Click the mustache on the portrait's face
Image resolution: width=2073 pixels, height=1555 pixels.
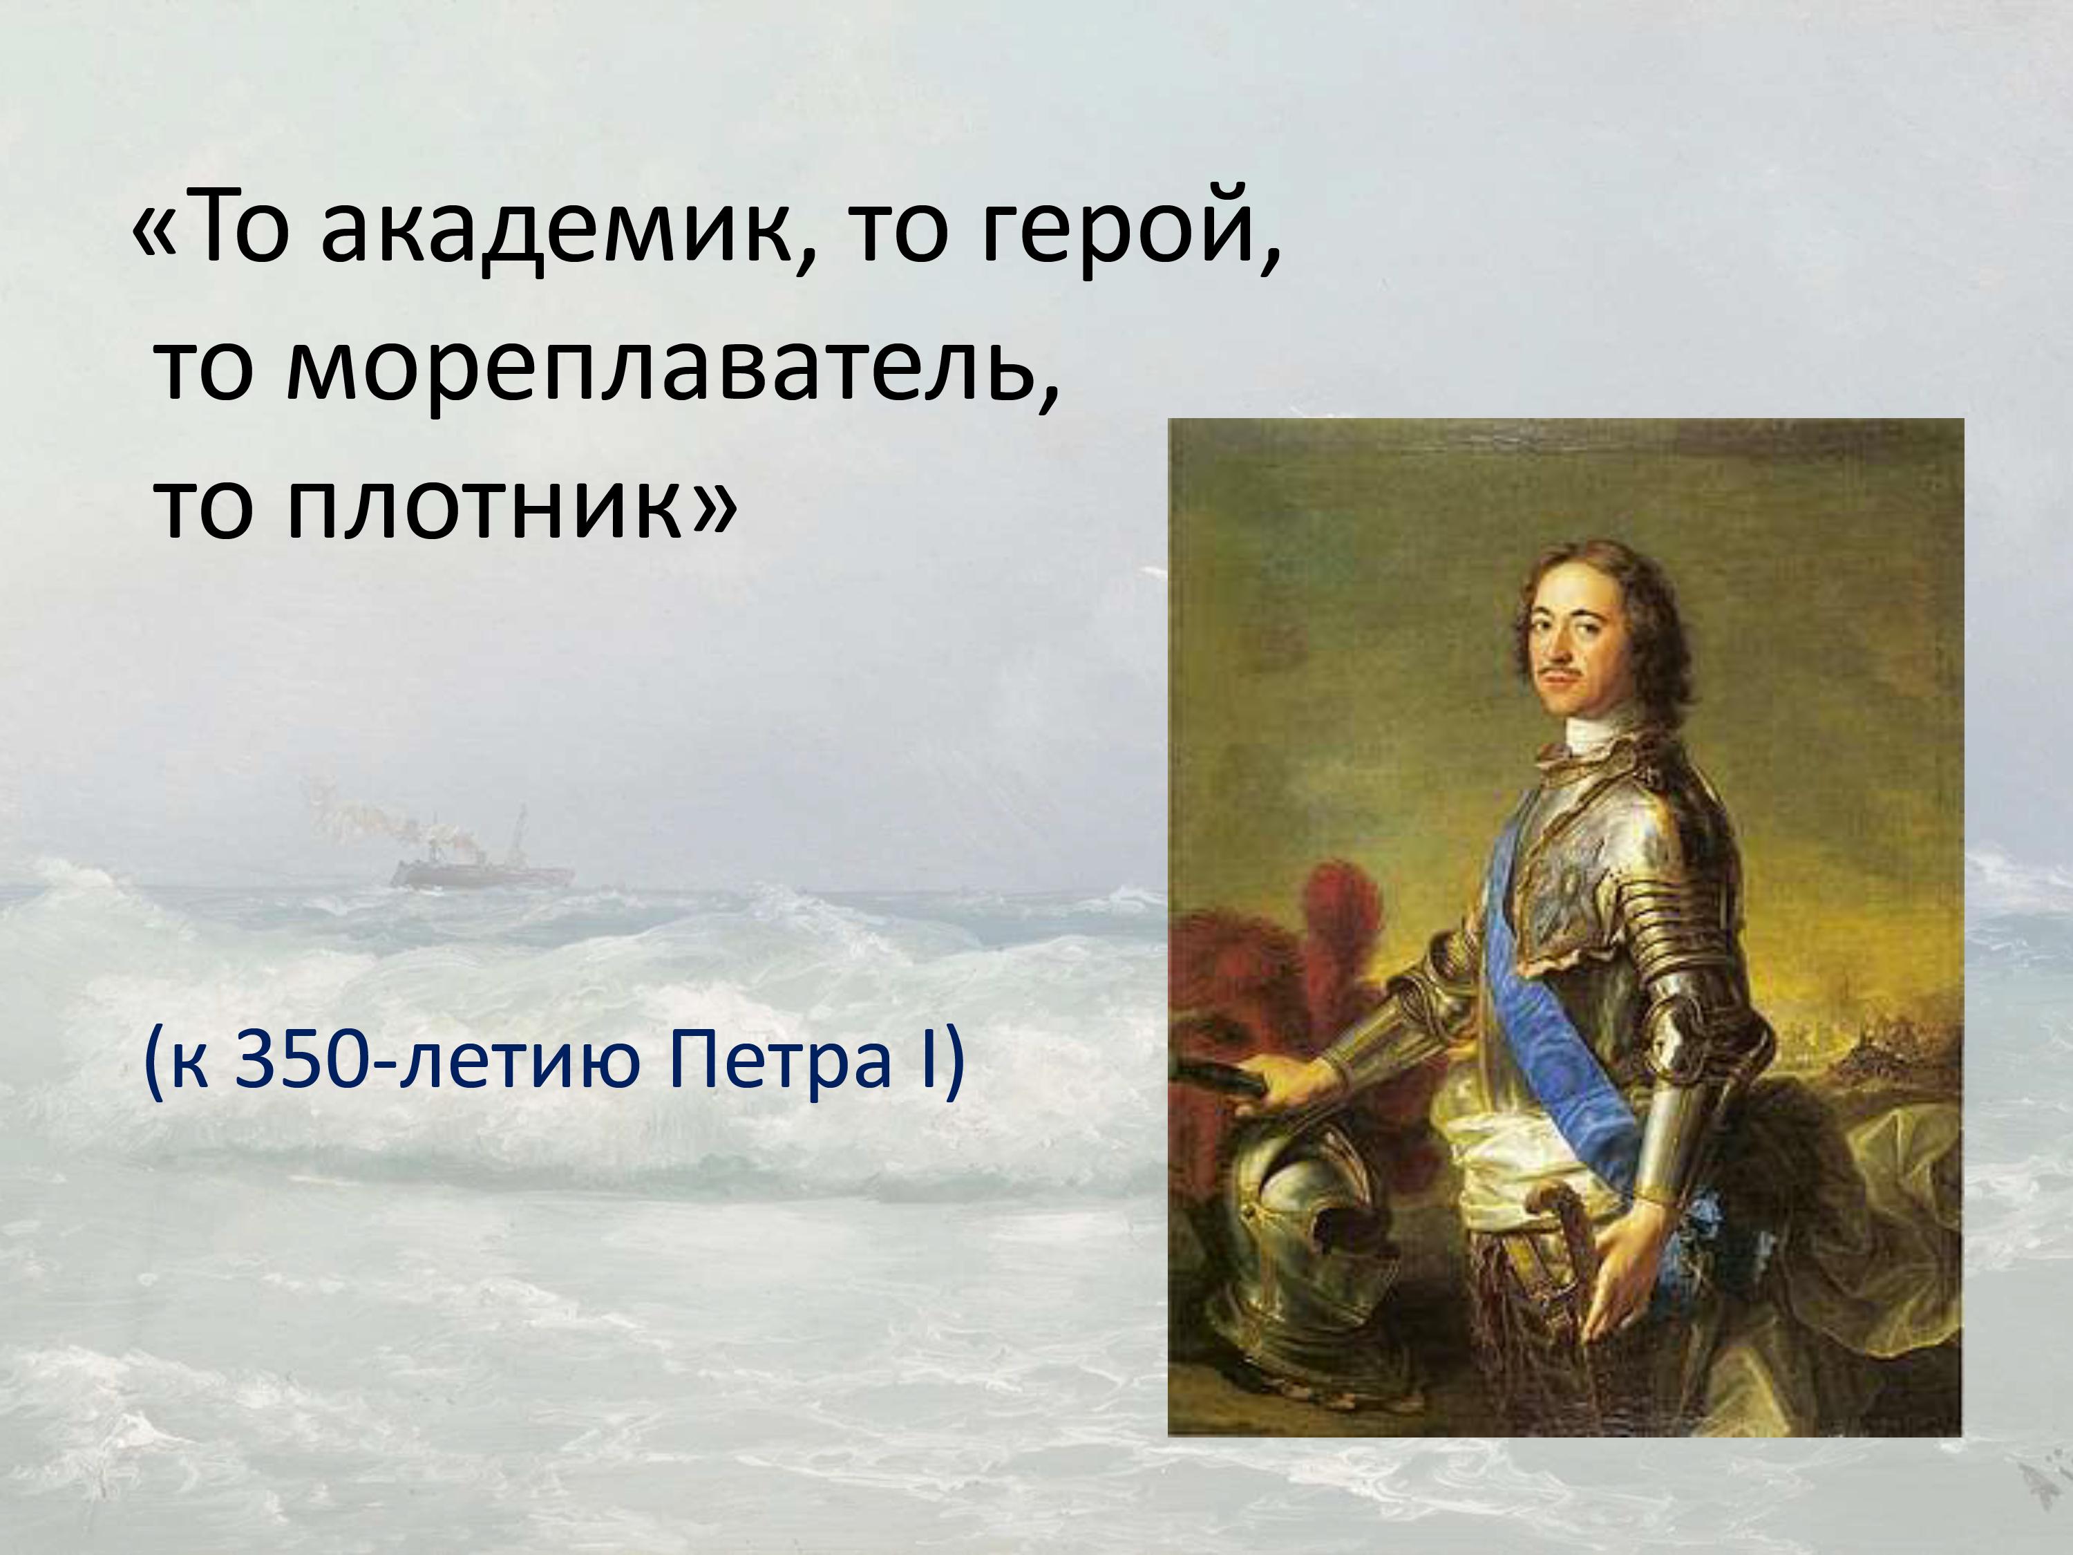1567,673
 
